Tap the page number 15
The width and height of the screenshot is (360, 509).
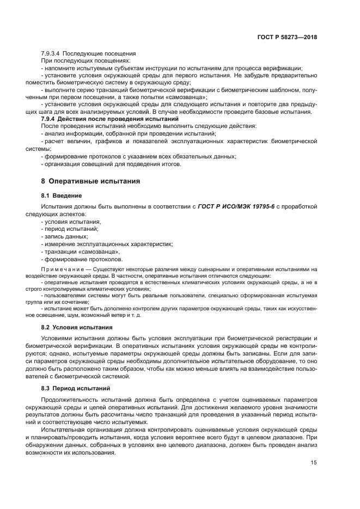tap(314, 463)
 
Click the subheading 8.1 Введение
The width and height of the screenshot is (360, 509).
tap(62, 195)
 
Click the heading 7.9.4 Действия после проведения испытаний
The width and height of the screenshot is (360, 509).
tap(110, 119)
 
